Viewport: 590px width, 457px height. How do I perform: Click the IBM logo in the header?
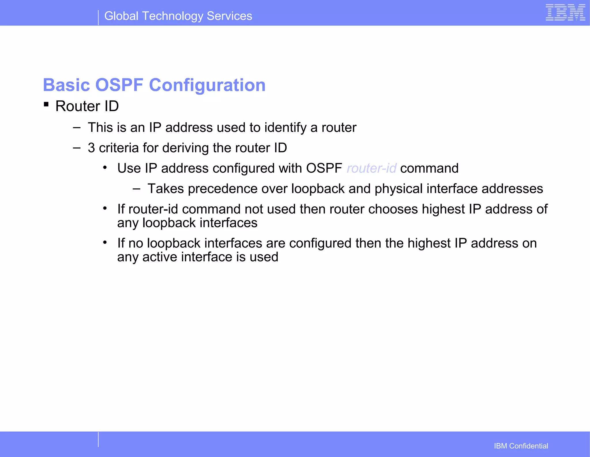[565, 13]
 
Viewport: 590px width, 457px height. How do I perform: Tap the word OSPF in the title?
[119, 85]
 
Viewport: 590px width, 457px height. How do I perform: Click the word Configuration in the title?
[207, 85]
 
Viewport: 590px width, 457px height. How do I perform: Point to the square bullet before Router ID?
[46, 104]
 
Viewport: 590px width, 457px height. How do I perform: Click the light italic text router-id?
[371, 168]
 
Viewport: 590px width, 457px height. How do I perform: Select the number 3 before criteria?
[91, 148]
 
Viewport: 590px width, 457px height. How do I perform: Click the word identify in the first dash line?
[285, 128]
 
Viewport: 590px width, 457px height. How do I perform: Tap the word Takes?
[166, 189]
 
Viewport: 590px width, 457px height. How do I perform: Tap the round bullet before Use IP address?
[105, 167]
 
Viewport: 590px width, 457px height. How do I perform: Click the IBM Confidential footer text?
[521, 446]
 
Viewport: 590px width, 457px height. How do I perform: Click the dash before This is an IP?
[77, 127]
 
